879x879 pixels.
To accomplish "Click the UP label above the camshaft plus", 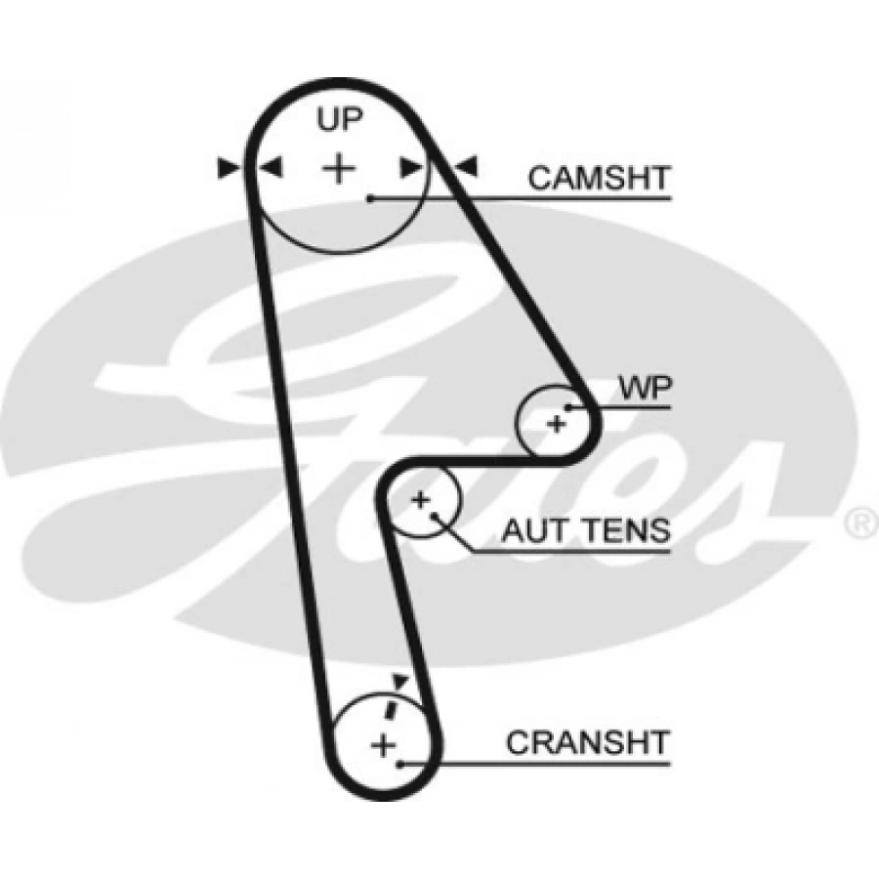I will point(339,119).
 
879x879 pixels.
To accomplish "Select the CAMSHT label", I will point(599,178).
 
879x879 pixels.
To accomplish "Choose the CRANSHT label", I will point(588,742).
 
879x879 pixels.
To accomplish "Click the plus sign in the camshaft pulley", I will point(339,169).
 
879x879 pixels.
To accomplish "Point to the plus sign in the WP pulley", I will point(556,425).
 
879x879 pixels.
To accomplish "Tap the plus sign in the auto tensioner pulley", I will point(420,500).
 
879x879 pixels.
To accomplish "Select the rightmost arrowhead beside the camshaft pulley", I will point(469,168).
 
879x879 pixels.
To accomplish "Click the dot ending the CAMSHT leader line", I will point(372,199).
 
